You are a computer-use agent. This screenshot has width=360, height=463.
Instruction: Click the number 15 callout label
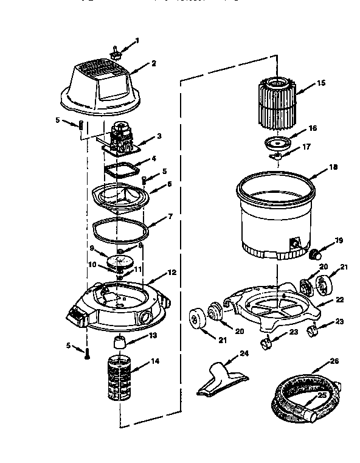(x=322, y=82)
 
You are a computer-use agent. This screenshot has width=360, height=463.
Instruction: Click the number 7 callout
(x=170, y=216)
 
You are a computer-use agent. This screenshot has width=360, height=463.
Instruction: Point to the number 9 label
(x=92, y=248)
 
